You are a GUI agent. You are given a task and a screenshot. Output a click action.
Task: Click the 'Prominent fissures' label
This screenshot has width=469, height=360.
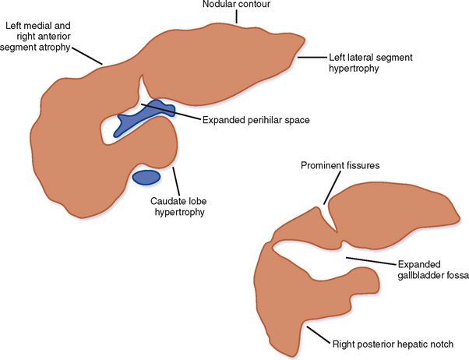(336, 165)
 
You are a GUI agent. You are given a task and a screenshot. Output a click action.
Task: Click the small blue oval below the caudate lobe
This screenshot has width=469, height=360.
(146, 178)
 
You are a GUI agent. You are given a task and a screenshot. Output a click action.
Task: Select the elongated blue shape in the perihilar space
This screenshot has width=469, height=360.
(140, 116)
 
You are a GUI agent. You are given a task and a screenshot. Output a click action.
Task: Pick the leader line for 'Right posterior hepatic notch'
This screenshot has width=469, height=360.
(317, 335)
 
